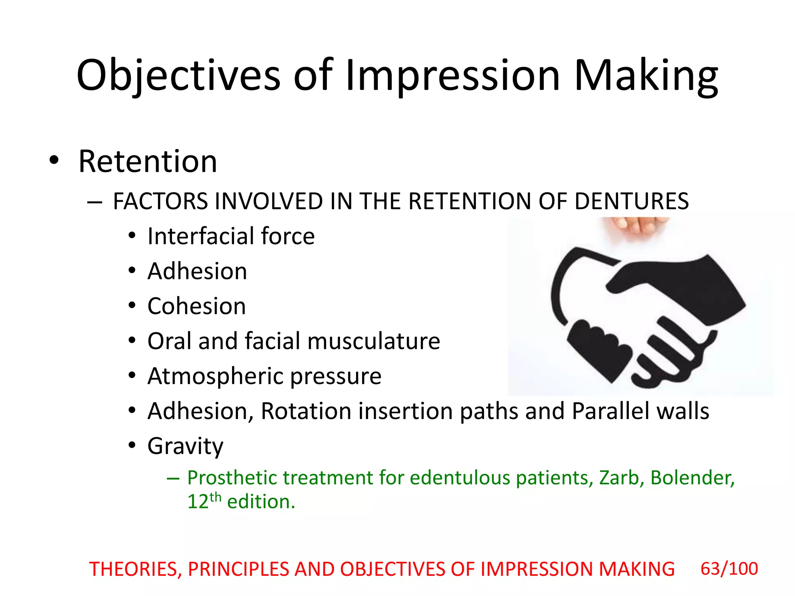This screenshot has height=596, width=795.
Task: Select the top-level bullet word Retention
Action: point(148,161)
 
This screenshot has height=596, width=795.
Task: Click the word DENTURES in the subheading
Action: point(632,201)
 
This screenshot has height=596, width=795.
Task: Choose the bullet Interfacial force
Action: point(231,236)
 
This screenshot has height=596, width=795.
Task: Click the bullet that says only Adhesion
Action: point(197,271)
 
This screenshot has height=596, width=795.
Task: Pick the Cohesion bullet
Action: point(196,306)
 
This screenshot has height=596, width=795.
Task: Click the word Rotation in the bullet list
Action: point(306,411)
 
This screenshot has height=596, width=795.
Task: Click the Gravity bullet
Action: point(185,446)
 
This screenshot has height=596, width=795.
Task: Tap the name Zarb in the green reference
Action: point(619,478)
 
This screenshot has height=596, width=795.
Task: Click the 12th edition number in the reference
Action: point(204,501)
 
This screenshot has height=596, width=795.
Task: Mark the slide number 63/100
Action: point(729,569)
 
